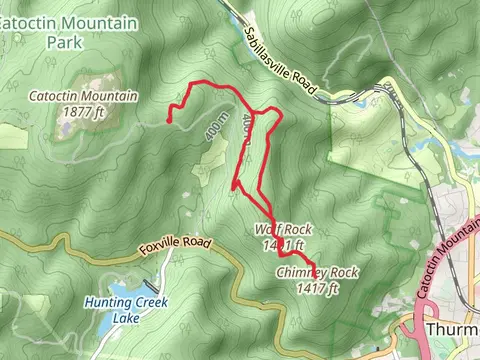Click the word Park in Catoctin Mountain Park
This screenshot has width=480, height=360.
tap(66, 42)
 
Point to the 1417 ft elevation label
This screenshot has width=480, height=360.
tap(319, 288)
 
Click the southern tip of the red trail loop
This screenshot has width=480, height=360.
tap(234, 185)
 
